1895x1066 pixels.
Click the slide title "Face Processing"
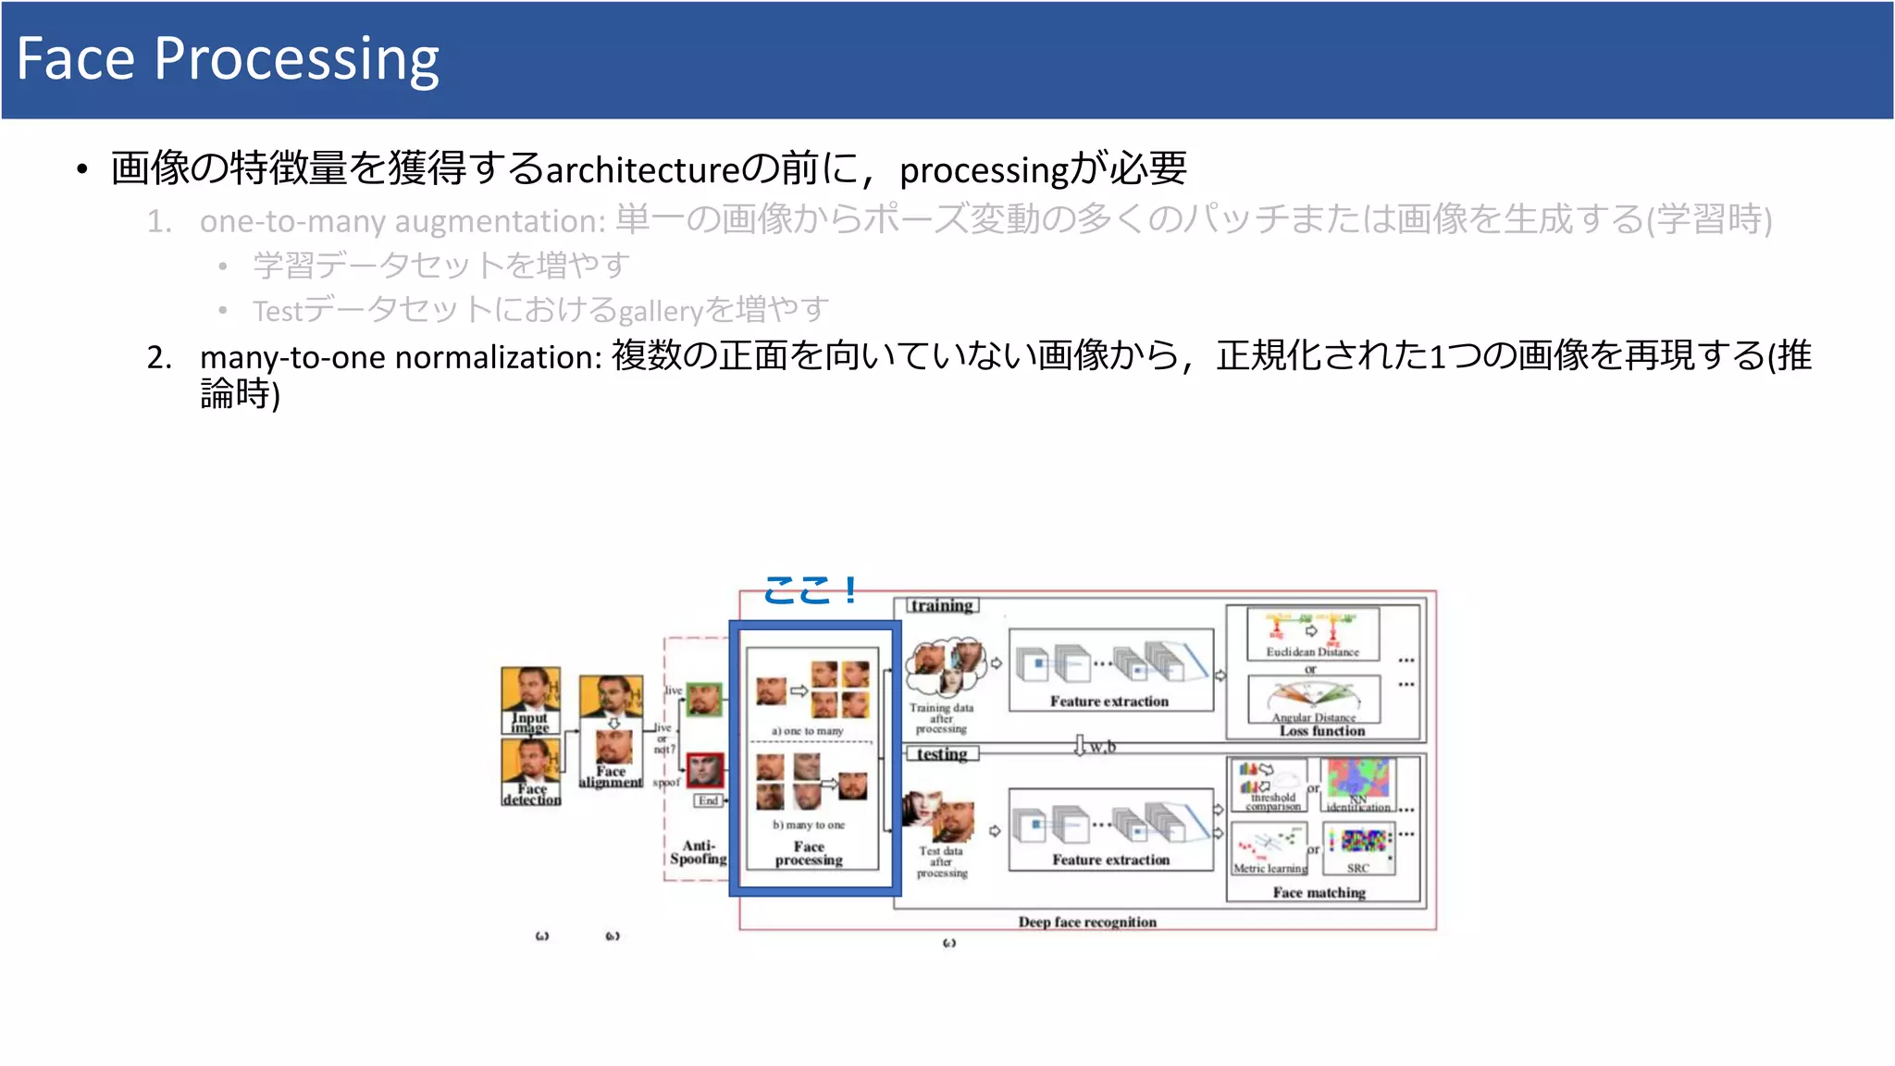(228, 59)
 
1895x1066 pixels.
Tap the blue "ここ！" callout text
(811, 589)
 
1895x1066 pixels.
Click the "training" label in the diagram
(941, 605)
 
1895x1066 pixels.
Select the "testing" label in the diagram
(941, 754)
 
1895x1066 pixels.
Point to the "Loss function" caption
(1322, 731)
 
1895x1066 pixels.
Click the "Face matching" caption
(1319, 892)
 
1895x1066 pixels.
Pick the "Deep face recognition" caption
(1087, 922)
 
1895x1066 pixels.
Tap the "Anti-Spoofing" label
(699, 852)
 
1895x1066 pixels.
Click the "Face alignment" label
(611, 776)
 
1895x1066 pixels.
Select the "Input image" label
(530, 723)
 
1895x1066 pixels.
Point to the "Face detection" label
(532, 794)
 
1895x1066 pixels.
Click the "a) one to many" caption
(808, 731)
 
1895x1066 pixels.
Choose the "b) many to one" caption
(809, 824)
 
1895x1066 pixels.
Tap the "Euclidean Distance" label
(1312, 652)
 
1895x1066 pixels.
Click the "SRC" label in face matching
(1357, 868)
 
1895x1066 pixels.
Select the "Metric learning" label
(1270, 868)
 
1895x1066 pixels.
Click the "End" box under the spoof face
(708, 800)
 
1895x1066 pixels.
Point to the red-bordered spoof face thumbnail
(705, 770)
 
